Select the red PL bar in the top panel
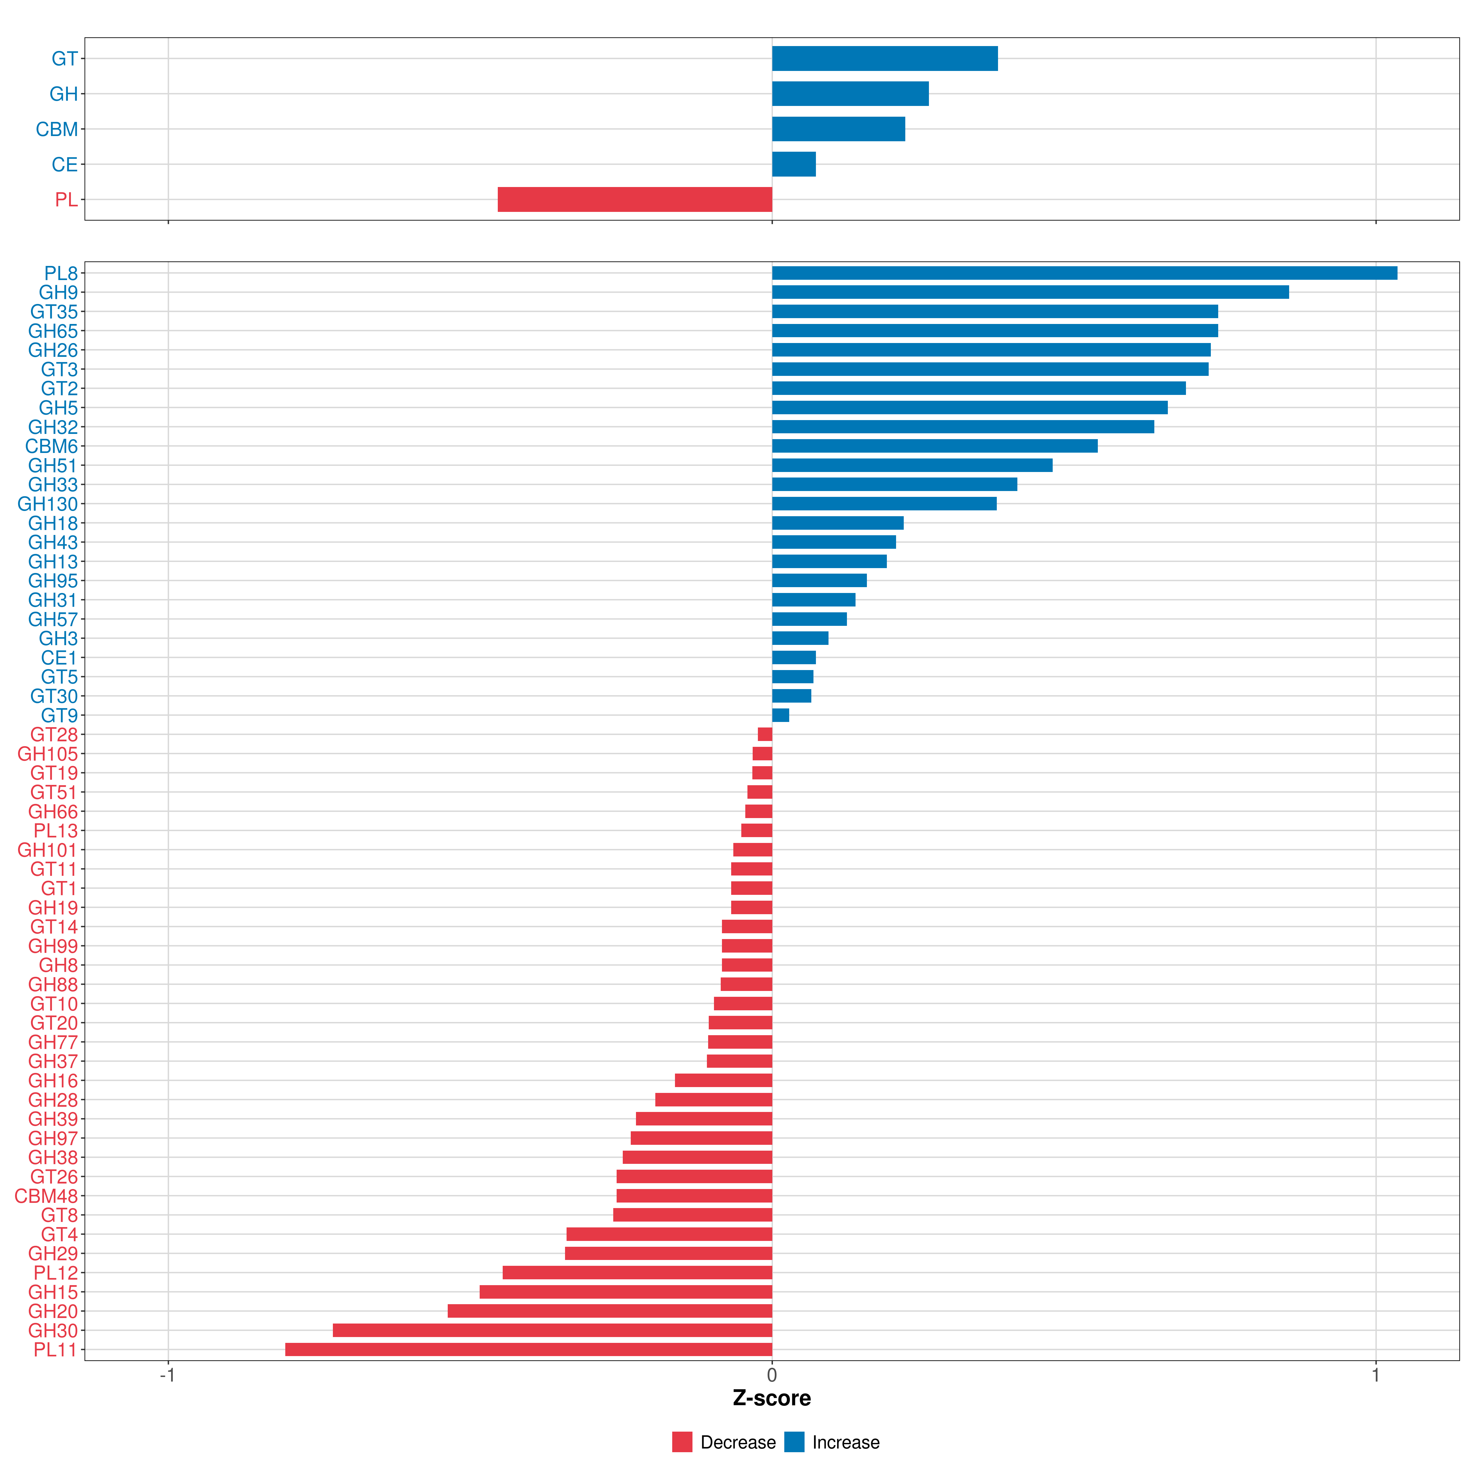point(635,199)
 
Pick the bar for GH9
point(1031,292)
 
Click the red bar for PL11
point(529,1350)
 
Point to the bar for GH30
point(552,1331)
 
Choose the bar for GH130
point(884,504)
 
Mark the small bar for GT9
point(781,715)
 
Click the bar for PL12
point(637,1273)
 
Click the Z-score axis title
point(772,1398)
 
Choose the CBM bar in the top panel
point(838,129)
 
